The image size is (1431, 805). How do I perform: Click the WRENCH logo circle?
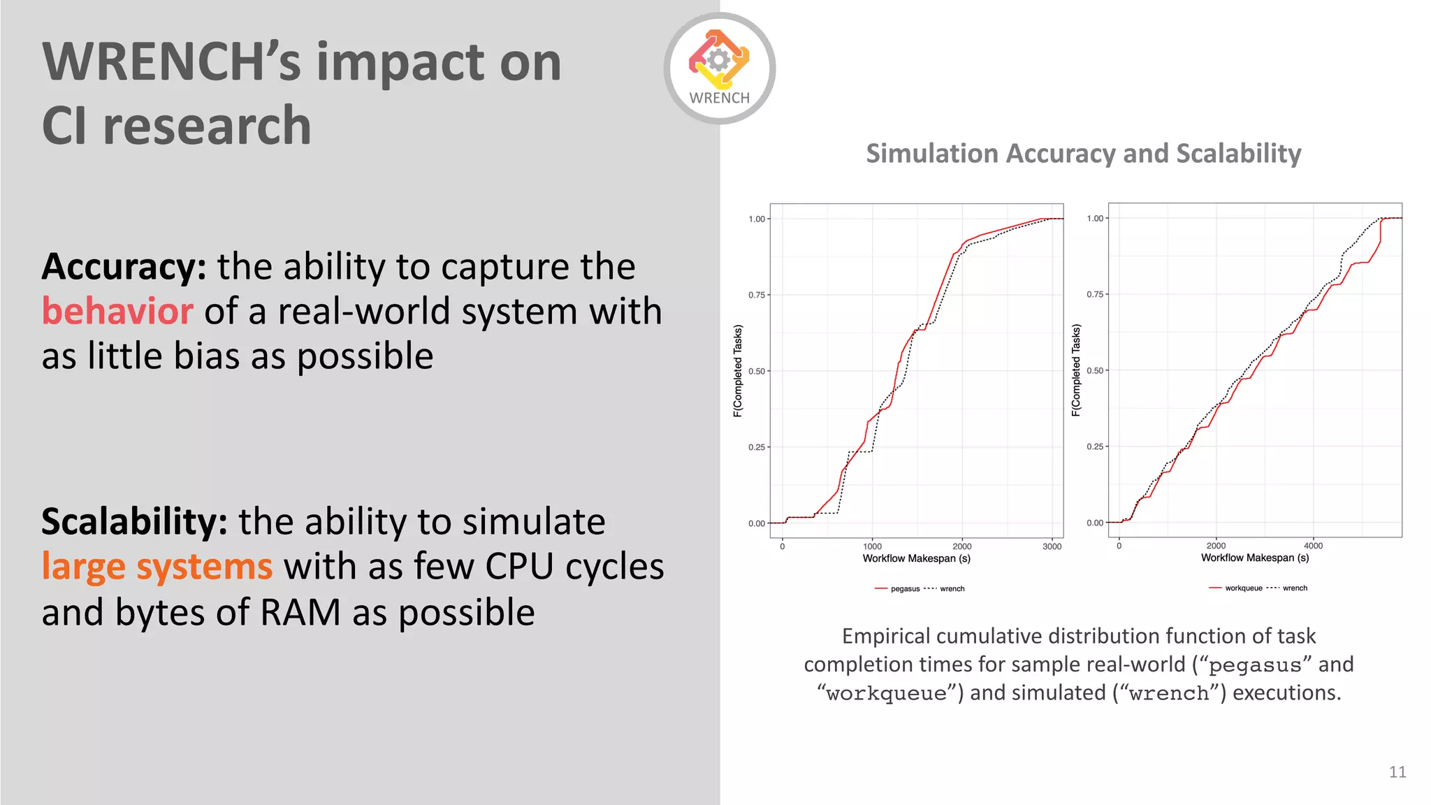tap(719, 68)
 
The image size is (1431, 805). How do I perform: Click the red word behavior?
tap(117, 311)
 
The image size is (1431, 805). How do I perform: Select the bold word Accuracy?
tap(124, 266)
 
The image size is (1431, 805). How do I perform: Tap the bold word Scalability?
tap(134, 521)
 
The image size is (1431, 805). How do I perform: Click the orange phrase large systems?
tap(157, 567)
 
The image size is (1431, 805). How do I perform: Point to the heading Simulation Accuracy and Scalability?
tap(1083, 153)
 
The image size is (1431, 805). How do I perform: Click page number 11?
tap(1397, 771)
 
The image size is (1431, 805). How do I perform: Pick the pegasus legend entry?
tap(904, 589)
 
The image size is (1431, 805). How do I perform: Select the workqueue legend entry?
tap(1243, 588)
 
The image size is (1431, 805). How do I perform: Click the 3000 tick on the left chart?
tap(1052, 546)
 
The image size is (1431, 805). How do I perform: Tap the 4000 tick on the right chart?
tap(1313, 546)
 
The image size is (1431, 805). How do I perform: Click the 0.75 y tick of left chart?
tap(757, 295)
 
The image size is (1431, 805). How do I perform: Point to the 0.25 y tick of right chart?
tap(1095, 447)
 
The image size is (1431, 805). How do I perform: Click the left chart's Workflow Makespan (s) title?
tap(916, 558)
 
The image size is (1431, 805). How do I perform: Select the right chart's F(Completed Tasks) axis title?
tap(1076, 370)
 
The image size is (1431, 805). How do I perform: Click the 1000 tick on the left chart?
tap(872, 546)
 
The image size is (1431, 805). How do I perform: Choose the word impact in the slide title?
tap(400, 63)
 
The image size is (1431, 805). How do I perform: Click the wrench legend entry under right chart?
tap(1294, 588)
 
